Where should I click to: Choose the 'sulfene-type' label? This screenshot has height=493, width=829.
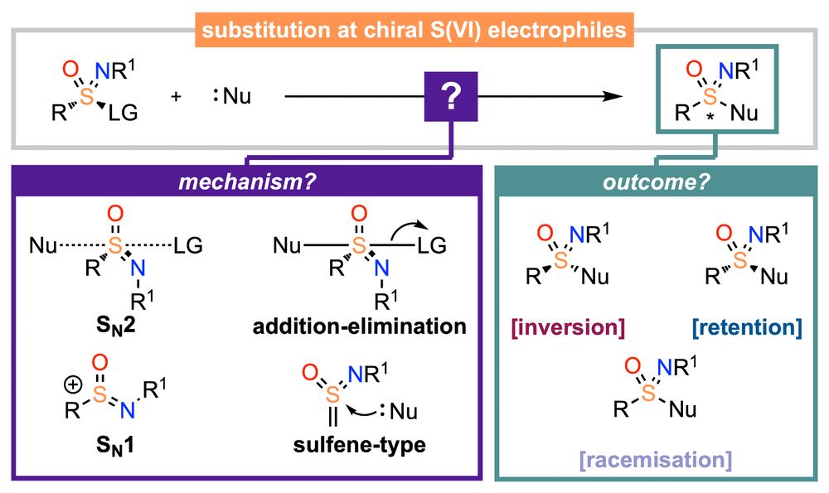(359, 444)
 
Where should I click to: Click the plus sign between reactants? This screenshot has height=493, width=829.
(176, 97)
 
